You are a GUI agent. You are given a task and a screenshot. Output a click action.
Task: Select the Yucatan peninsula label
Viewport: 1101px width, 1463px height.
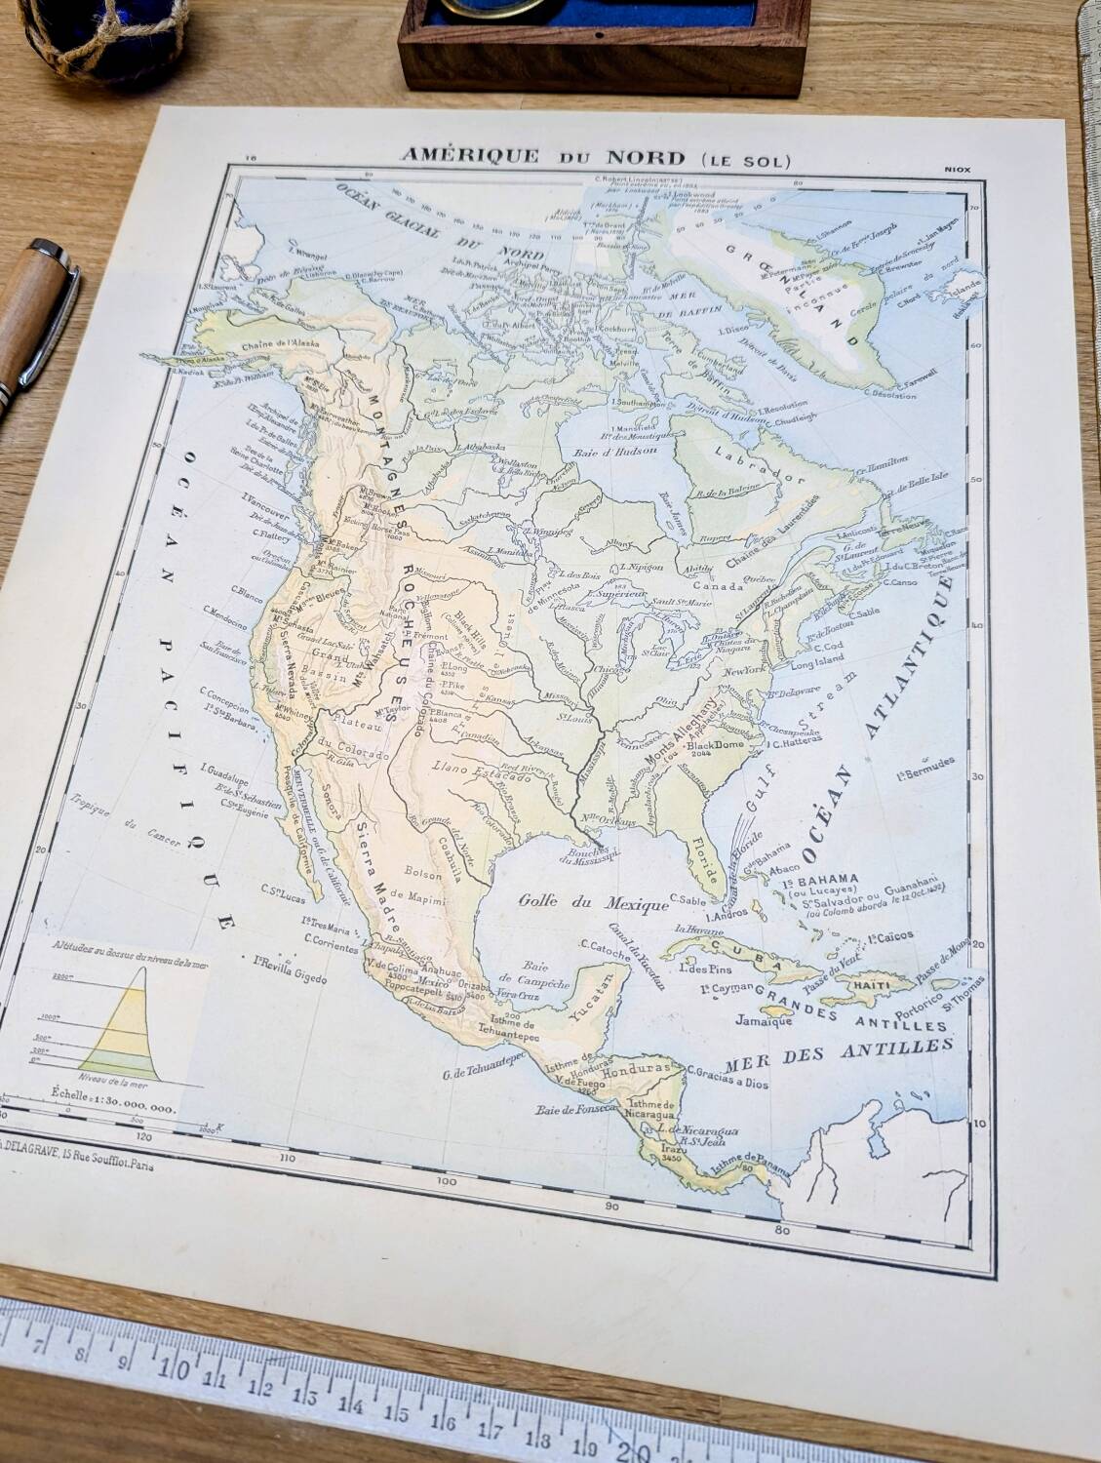tap(592, 1001)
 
